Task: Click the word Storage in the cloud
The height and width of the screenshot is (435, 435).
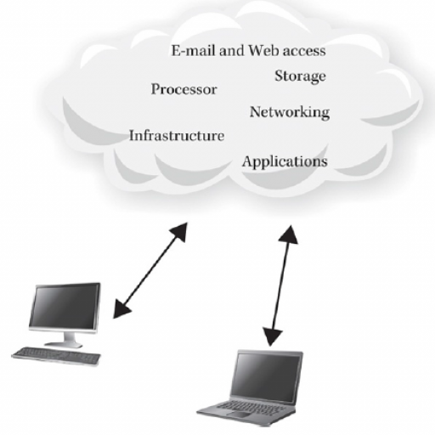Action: pos(300,76)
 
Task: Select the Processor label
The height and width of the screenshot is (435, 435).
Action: pos(184,89)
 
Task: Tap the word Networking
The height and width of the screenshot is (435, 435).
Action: pos(290,112)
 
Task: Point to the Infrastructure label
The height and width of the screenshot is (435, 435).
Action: pos(177,135)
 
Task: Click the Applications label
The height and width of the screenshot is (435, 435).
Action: pos(285,162)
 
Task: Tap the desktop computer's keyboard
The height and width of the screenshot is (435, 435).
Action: pos(56,356)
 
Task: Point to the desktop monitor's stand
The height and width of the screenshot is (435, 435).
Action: pos(65,340)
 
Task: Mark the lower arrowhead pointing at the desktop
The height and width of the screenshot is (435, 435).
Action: pos(121,309)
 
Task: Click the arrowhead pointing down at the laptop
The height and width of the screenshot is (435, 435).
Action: pos(272,336)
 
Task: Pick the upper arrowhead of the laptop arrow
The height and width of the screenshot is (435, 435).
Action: pos(289,234)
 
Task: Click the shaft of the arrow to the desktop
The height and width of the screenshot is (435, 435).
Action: pos(150,270)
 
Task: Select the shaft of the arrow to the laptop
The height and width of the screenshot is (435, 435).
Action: pos(280,285)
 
